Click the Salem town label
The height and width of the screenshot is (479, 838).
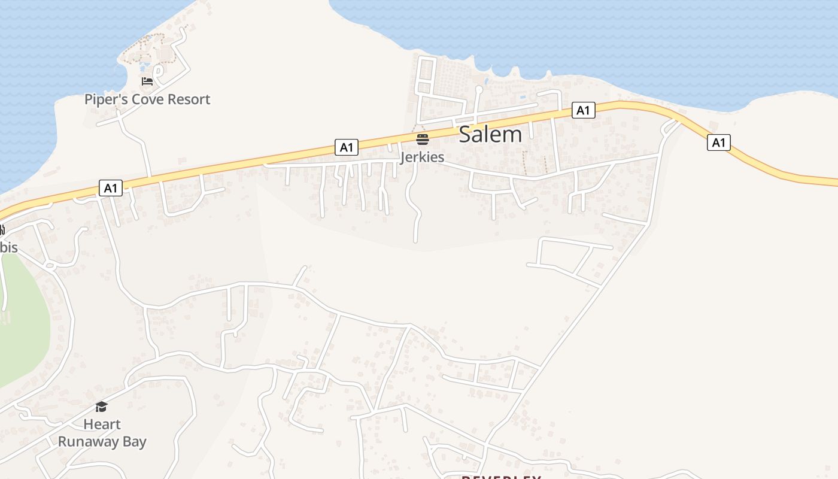click(490, 134)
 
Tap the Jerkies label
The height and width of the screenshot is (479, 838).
click(422, 157)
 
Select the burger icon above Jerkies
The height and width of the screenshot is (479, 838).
click(423, 140)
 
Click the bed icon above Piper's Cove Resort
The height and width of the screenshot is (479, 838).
click(147, 81)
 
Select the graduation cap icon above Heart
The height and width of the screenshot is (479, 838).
click(101, 407)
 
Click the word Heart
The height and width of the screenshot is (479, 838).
click(102, 425)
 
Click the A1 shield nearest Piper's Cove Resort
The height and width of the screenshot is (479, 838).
click(110, 189)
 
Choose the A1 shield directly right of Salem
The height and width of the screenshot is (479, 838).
click(583, 110)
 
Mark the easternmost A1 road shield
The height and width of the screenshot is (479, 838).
click(718, 143)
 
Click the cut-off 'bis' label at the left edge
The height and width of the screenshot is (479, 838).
click(8, 247)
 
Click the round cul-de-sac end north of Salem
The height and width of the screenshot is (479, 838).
click(478, 90)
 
